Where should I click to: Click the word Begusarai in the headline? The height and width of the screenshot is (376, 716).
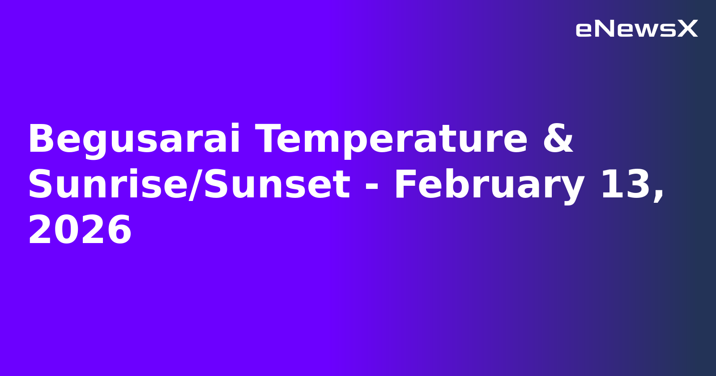pos(134,140)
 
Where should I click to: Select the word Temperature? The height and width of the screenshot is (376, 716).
pos(392,140)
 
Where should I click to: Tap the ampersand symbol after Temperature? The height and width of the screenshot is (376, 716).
pos(558,140)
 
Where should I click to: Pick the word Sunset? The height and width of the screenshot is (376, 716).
pos(277,185)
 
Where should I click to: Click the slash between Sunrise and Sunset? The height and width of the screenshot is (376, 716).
pos(194,185)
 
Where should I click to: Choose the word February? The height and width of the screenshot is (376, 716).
pos(489,185)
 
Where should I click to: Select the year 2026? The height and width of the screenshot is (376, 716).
pos(80,231)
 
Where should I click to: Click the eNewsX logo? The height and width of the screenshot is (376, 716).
pos(636,29)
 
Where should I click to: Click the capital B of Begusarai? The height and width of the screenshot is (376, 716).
pos(39,140)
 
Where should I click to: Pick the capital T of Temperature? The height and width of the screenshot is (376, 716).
pos(268,140)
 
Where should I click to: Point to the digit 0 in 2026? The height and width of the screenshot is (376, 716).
pos(67,231)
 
